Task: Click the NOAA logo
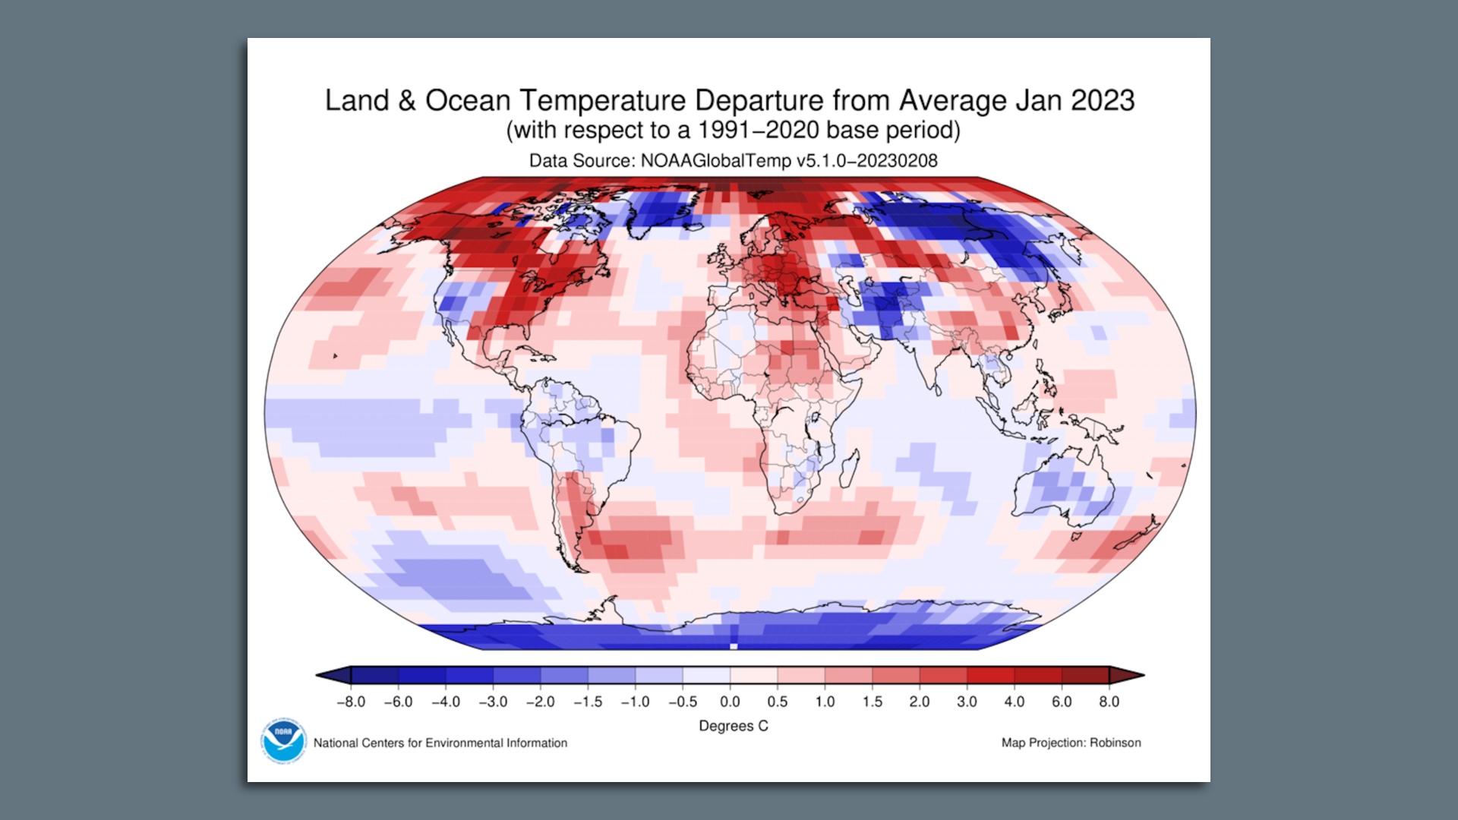(283, 740)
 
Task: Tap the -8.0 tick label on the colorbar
(351, 702)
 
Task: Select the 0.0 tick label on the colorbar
(730, 702)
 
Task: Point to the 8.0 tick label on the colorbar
(1109, 702)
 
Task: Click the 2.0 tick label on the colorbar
(919, 702)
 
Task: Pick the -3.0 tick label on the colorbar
(493, 702)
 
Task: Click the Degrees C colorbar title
(733, 726)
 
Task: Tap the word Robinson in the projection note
(1115, 743)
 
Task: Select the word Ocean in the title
(468, 100)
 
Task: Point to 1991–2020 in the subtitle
(758, 131)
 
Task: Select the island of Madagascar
(850, 466)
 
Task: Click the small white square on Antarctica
(734, 646)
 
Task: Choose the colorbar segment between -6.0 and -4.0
(421, 675)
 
